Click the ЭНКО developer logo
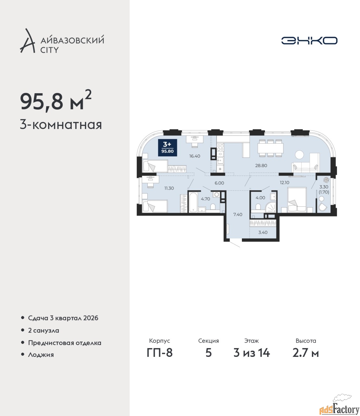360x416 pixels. coord(309,40)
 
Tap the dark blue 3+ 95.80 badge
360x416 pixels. coord(168,148)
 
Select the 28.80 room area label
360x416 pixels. coord(261,165)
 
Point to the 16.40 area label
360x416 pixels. coord(194,156)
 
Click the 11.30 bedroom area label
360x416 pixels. coord(169,188)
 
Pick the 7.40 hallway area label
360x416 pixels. coord(238,214)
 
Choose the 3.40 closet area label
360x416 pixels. coord(263,232)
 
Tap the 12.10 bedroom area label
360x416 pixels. coord(285,183)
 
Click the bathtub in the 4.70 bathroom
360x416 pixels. coord(193,201)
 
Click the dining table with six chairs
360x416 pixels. coord(270,148)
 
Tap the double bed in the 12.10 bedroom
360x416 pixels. coord(297,200)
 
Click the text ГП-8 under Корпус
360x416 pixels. coord(160,353)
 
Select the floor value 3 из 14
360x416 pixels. coord(252,353)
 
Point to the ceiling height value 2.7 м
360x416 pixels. coord(306,353)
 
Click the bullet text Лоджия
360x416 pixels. coord(41,355)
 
